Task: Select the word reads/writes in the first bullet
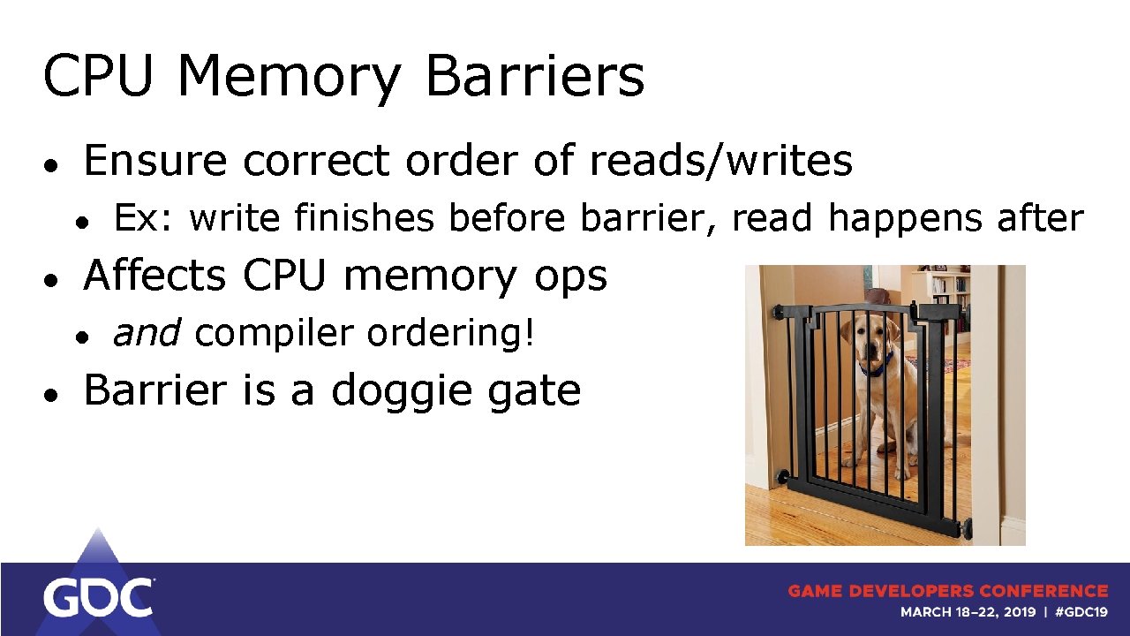[x=721, y=161]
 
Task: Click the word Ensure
[x=155, y=161]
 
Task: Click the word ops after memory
[x=570, y=276]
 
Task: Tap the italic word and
[x=147, y=334]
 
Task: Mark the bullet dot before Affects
[x=53, y=279]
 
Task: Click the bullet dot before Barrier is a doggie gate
[x=53, y=393]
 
